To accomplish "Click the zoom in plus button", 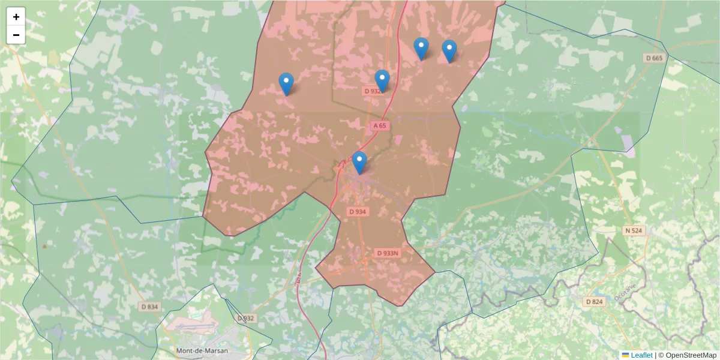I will pos(16,17).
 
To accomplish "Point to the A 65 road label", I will pos(379,126).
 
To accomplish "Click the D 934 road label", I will pos(358,212).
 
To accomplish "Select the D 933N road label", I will pos(388,253).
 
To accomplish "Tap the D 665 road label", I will pos(655,58).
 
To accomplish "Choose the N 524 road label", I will pos(634,230).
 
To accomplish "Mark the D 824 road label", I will pos(594,301).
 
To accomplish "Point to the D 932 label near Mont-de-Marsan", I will pos(246,318).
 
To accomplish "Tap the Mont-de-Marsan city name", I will pos(202,350).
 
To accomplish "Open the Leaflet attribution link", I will pos(641,355).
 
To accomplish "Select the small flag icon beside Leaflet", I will pos(626,355).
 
